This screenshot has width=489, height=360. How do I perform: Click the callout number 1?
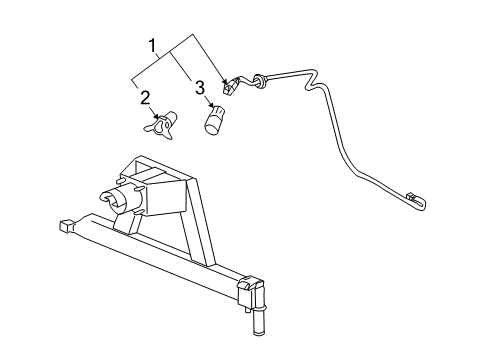(x=153, y=46)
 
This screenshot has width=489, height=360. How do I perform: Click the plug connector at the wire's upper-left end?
(x=231, y=85)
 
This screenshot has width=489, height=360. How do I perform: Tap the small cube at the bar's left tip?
(x=65, y=225)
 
